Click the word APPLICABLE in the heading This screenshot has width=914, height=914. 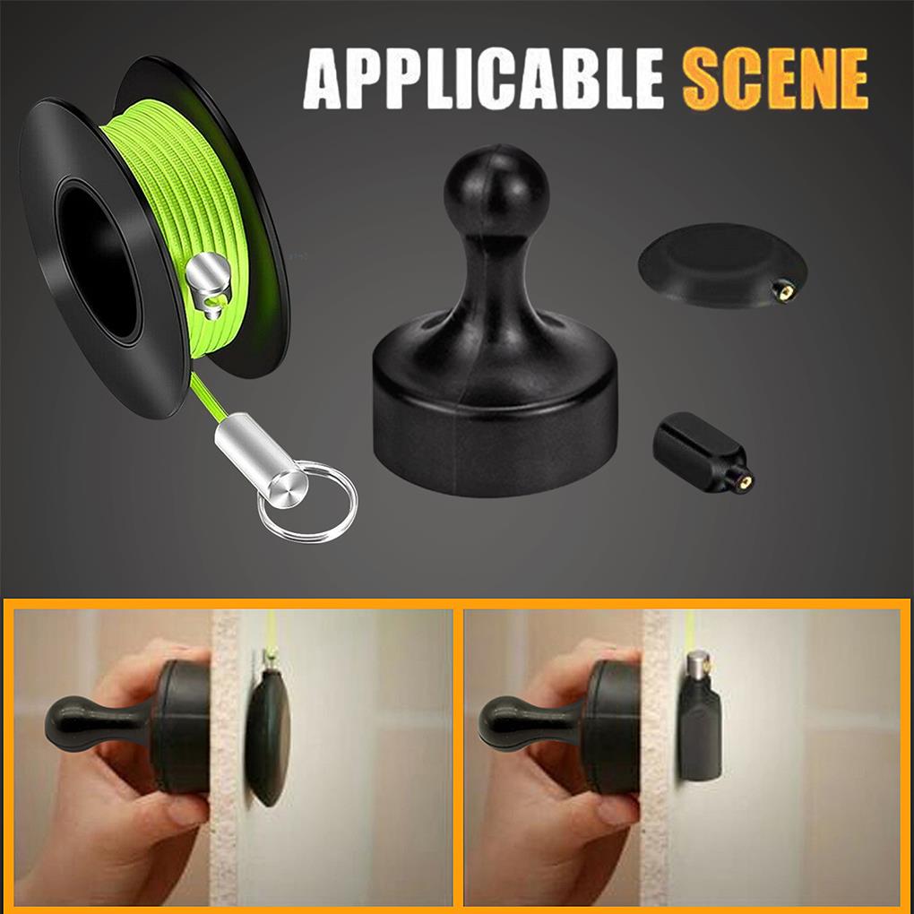coord(483,79)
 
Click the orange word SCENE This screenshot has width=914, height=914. coord(775,79)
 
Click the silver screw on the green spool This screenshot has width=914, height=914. coord(208,284)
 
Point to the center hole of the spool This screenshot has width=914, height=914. coord(98,259)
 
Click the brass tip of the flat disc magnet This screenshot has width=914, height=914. coord(784,290)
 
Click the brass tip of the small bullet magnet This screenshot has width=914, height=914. coord(745,481)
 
